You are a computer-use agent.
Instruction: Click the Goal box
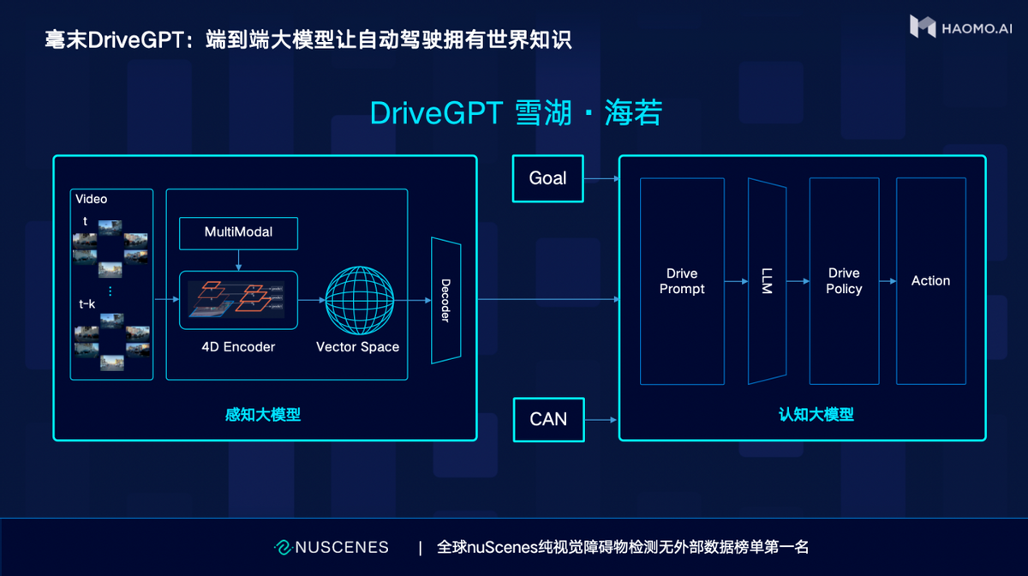[x=547, y=178]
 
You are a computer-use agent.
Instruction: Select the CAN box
[x=548, y=420]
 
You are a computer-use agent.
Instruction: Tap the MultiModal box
[x=238, y=233]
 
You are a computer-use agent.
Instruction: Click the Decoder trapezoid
[x=445, y=300]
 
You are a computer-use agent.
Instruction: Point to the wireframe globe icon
[x=357, y=300]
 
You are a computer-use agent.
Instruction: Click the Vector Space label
[x=357, y=347]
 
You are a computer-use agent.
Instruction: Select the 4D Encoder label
[x=238, y=347]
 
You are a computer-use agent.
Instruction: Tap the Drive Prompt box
[x=682, y=281]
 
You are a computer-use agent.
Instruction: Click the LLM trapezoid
[x=766, y=281]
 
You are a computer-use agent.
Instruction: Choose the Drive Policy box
[x=844, y=281]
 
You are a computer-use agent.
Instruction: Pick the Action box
[x=930, y=281]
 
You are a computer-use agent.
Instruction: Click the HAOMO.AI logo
[x=960, y=27]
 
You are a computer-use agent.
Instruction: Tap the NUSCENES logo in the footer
[x=332, y=547]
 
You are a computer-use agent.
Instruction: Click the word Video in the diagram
[x=92, y=199]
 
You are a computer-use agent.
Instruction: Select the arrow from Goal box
[x=601, y=179]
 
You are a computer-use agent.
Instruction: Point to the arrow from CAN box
[x=601, y=420]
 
